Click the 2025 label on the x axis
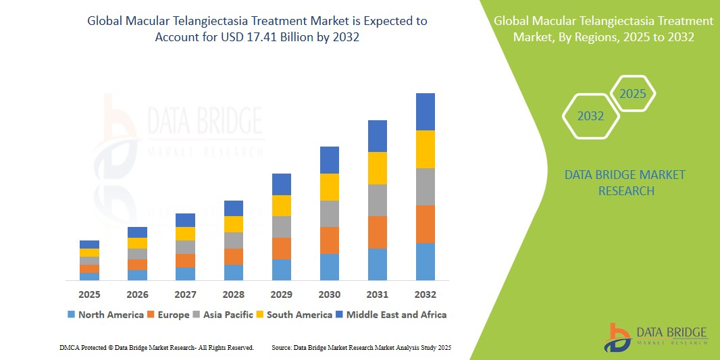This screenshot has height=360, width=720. click(89, 294)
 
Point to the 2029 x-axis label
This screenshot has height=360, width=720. click(282, 294)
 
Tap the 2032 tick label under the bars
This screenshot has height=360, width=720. click(425, 294)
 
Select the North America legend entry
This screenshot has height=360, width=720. click(105, 315)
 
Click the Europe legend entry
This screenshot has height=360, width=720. click(168, 315)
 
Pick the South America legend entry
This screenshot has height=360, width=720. click(294, 315)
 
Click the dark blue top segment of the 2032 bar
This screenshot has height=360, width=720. click(425, 111)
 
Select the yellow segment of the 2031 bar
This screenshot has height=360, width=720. click(378, 168)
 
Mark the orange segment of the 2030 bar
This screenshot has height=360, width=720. click(330, 240)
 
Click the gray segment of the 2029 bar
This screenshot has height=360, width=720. click(282, 227)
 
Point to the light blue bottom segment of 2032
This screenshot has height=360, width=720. click(425, 262)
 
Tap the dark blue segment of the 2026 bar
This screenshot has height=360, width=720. click(137, 232)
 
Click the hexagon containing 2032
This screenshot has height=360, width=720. click(591, 116)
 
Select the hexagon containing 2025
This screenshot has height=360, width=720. click(633, 94)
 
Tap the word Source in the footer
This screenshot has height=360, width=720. click(282, 347)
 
